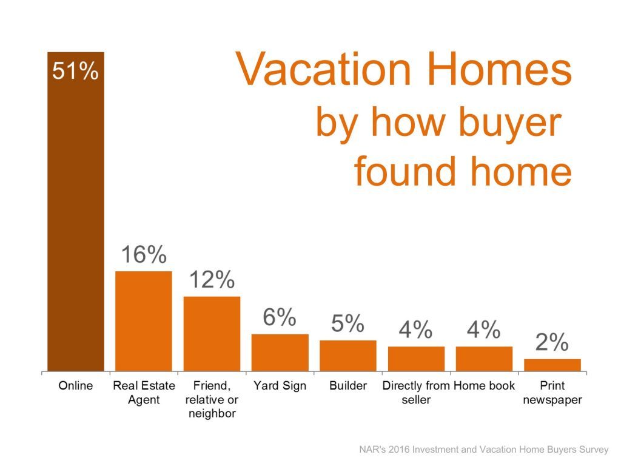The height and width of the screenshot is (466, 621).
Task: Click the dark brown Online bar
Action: [x=76, y=212]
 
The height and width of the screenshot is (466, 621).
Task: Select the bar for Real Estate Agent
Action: [x=144, y=322]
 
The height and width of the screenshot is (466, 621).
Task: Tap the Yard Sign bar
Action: [x=280, y=353]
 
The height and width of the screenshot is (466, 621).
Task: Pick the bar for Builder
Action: [x=348, y=356]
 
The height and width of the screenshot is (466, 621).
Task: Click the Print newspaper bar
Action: [x=552, y=365]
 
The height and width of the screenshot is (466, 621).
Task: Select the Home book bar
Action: [x=485, y=359]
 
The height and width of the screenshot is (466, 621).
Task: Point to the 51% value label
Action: [x=75, y=72]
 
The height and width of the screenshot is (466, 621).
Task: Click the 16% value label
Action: [x=144, y=254]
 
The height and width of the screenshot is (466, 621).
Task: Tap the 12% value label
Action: [x=212, y=280]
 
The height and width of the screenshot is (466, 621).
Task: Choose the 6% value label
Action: [x=280, y=317]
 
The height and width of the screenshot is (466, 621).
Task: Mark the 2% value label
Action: [x=552, y=342]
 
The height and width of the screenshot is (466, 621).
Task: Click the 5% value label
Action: [x=347, y=324]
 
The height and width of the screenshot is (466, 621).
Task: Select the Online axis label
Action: [x=76, y=385]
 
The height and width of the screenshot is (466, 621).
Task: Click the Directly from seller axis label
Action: [x=416, y=393]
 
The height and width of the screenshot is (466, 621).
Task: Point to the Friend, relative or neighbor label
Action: [x=212, y=399]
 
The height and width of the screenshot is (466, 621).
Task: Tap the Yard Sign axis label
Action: [x=280, y=386]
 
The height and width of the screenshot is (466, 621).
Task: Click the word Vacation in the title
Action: [x=324, y=69]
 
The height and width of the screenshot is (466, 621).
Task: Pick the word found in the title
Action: [x=404, y=171]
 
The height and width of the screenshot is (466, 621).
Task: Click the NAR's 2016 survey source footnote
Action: [x=483, y=450]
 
